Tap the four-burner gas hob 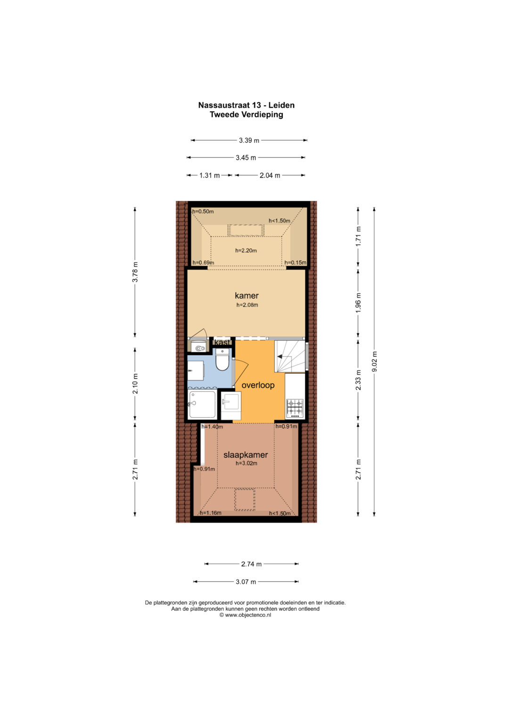point(295,408)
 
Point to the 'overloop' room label point(258,385)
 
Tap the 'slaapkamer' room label point(246,455)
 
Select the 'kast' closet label point(222,343)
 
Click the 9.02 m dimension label point(374,362)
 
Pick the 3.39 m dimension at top point(249,140)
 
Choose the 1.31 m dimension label point(210,175)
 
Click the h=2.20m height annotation point(246,250)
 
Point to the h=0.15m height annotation point(296,263)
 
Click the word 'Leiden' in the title point(281,105)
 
